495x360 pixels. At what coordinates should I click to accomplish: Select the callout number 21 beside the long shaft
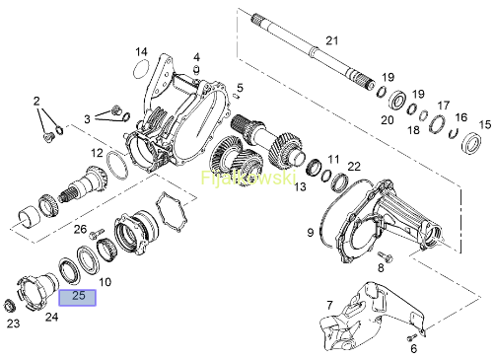click(x=332, y=40)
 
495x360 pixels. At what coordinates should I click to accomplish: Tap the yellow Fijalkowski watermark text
click(x=248, y=179)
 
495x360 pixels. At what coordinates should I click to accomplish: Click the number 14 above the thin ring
click(x=141, y=52)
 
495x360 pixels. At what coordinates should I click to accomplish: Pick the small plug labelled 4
click(x=196, y=70)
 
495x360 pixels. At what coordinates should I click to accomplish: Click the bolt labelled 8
click(x=385, y=256)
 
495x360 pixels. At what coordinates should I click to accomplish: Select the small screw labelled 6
click(x=412, y=337)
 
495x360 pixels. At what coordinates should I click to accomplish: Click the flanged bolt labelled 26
click(x=97, y=234)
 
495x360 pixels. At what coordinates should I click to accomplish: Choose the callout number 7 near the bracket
click(x=330, y=306)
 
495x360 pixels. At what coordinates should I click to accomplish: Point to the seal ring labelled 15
click(x=472, y=142)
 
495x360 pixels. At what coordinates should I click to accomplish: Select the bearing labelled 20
click(x=397, y=100)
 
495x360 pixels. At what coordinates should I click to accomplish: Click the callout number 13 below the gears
click(x=300, y=186)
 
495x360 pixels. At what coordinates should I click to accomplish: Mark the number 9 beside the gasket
click(x=311, y=233)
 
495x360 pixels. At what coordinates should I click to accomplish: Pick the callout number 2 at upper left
click(x=36, y=101)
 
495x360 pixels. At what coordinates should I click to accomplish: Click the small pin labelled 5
click(x=236, y=96)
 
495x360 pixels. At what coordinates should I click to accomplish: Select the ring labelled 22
click(x=339, y=183)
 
